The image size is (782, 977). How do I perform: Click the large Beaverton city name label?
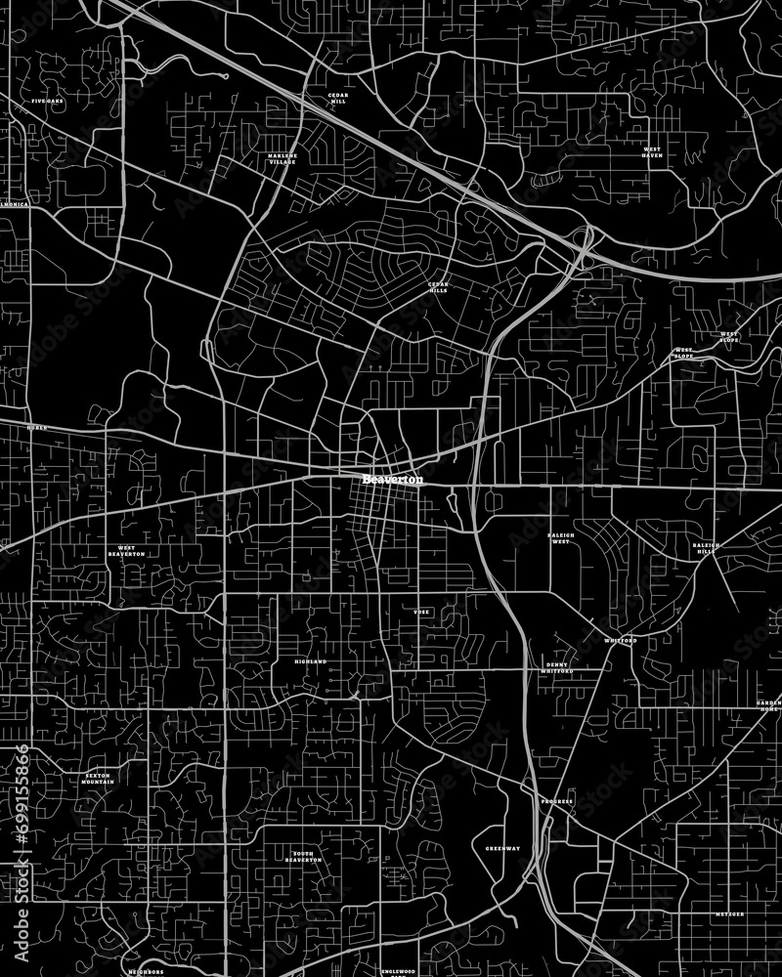[393, 480]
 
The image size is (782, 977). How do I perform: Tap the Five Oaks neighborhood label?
[47, 102]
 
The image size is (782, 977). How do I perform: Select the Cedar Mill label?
[338, 98]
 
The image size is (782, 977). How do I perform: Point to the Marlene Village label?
[282, 158]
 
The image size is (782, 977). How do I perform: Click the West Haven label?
[652, 152]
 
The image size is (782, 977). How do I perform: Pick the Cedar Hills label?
[437, 287]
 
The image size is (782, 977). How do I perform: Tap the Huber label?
[37, 428]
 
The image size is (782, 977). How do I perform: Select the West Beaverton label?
[127, 551]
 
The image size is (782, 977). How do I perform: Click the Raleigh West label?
[560, 538]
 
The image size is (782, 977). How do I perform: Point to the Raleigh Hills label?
[704, 547]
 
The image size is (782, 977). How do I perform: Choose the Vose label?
[421, 612]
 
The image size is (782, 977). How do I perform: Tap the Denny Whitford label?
[556, 668]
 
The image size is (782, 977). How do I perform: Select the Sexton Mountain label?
[98, 779]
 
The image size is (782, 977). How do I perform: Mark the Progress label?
[556, 801]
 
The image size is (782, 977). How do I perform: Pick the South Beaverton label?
[303, 857]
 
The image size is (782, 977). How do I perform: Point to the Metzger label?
[728, 913]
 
